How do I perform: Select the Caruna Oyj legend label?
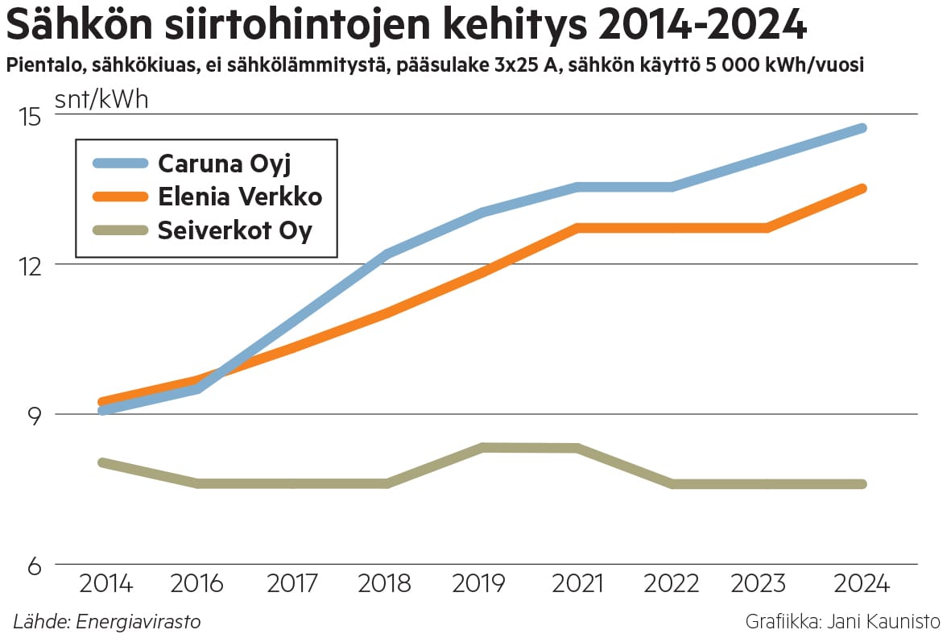[224, 163]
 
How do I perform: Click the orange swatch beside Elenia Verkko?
[121, 197]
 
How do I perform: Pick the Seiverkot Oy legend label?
[234, 230]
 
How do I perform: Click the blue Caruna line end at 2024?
[862, 128]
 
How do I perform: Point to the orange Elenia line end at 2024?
[862, 189]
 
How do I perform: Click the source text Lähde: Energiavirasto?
[107, 621]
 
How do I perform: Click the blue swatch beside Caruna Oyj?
[121, 164]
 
